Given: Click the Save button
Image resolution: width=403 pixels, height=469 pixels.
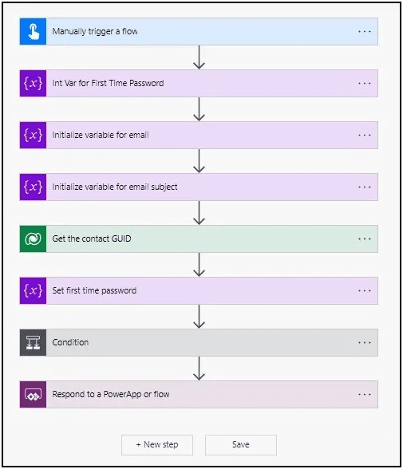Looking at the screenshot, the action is (241, 445).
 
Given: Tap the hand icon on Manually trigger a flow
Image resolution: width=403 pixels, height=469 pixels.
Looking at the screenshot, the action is (33, 31).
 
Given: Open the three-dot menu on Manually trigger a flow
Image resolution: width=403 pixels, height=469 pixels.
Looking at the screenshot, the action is (365, 31).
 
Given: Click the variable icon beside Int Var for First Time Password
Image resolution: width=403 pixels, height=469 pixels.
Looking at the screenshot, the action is (33, 83).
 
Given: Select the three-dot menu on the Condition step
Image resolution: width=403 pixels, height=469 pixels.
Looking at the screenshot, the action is (365, 342).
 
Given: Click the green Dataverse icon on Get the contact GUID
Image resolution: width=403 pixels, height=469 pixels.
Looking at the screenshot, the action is (33, 238).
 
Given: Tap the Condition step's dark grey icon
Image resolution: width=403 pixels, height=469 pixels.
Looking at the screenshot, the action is (33, 342).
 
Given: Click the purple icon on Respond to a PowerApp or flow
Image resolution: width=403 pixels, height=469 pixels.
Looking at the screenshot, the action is (33, 394).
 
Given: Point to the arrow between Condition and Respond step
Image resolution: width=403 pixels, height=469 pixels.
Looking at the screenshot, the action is (199, 368).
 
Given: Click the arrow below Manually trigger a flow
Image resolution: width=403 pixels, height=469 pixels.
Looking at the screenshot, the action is (199, 57).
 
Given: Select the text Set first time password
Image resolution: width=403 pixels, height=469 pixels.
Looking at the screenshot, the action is (94, 290).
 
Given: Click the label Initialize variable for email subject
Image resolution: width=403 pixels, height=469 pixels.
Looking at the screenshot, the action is (115, 187).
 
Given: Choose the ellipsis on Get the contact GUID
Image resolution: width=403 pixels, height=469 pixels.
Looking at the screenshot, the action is (365, 238).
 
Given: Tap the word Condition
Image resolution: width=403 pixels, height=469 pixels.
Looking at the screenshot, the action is (70, 342).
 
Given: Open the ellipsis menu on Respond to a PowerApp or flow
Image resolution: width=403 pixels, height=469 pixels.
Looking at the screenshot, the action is (365, 394).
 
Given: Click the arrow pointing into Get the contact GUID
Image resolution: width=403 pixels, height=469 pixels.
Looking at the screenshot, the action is (199, 213).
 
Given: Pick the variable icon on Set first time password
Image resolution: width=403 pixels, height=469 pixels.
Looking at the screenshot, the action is (33, 290).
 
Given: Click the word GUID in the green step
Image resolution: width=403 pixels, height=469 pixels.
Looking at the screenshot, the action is (121, 238).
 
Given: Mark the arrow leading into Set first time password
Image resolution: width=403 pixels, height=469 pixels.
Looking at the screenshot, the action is (199, 265).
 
